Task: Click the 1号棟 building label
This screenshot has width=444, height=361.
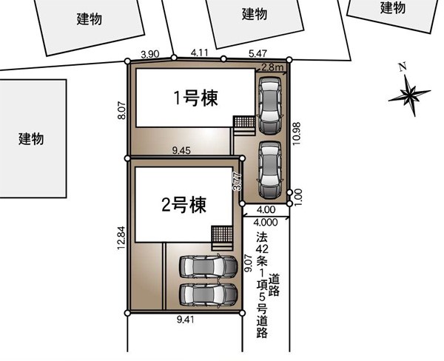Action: [195, 98]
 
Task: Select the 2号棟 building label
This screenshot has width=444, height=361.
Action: [184, 205]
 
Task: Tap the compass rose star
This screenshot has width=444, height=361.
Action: [409, 94]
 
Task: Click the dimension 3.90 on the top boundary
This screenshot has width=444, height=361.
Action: [150, 54]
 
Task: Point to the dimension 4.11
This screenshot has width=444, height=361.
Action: [199, 53]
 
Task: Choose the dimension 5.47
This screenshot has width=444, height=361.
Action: [258, 53]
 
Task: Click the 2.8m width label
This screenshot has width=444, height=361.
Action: [272, 67]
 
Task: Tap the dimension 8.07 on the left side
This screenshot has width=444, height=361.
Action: [122, 110]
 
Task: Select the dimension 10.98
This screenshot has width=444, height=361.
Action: [297, 134]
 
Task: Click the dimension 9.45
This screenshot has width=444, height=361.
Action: [181, 150]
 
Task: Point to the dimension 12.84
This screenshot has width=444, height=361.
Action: [121, 238]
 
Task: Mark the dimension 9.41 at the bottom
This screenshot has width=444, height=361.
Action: [186, 320]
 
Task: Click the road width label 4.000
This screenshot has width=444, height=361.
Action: [266, 222]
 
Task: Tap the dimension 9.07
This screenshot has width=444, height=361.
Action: [248, 263]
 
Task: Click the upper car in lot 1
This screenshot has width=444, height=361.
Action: [270, 105]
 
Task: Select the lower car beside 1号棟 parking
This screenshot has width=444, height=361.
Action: [270, 169]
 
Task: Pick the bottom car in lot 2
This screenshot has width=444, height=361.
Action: [208, 294]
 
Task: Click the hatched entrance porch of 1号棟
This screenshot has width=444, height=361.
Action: [244, 122]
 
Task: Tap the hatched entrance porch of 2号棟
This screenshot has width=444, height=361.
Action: [222, 235]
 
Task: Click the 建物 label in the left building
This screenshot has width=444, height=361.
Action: [31, 139]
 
